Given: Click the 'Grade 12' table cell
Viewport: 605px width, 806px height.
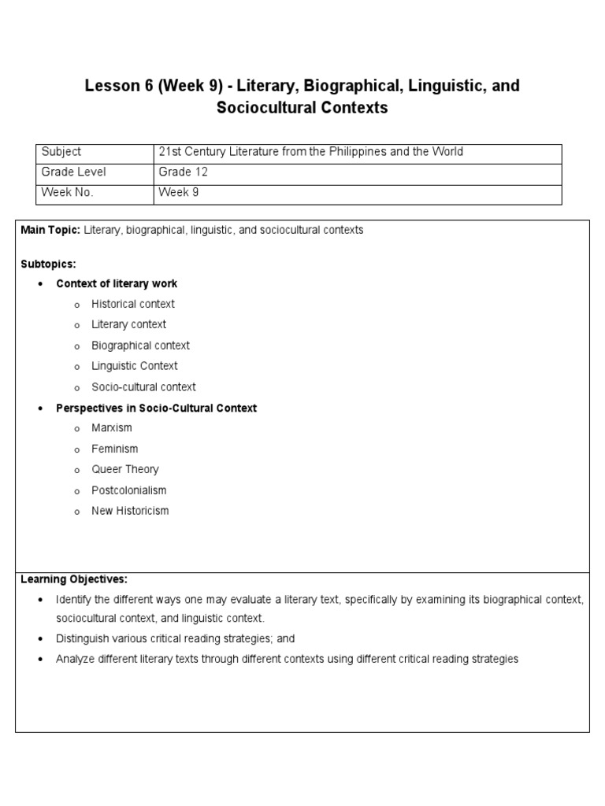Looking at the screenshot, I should click(x=183, y=172).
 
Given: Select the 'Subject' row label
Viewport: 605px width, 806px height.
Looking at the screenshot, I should click(x=61, y=152).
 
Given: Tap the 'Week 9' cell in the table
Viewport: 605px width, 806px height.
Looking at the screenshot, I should click(x=178, y=193).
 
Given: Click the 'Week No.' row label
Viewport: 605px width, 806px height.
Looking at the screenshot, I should click(x=67, y=193).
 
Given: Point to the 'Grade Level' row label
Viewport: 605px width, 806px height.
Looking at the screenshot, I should click(x=73, y=172).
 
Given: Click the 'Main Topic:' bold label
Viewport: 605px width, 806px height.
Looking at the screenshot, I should click(x=50, y=230).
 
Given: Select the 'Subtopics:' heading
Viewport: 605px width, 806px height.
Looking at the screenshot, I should click(x=48, y=264).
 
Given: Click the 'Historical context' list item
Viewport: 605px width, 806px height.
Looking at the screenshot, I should click(x=133, y=304).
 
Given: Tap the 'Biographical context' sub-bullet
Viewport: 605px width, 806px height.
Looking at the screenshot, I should click(x=140, y=346).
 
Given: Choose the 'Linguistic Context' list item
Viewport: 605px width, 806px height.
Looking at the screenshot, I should click(x=135, y=366).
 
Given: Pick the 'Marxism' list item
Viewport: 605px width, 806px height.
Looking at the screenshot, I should click(x=112, y=428).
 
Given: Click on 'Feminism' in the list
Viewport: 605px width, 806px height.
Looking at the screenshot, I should click(x=114, y=449).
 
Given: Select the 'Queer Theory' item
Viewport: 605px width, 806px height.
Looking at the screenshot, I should click(x=125, y=469).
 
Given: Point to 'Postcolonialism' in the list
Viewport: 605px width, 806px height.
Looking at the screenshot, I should click(x=129, y=490).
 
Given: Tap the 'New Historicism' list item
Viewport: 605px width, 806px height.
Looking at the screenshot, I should click(x=130, y=511).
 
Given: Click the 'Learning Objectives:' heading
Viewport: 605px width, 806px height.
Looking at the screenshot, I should click(x=73, y=579).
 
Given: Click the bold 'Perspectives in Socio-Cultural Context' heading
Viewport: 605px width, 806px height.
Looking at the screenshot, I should click(x=156, y=408).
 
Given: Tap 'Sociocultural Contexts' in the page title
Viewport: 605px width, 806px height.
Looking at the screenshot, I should click(x=302, y=109).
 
